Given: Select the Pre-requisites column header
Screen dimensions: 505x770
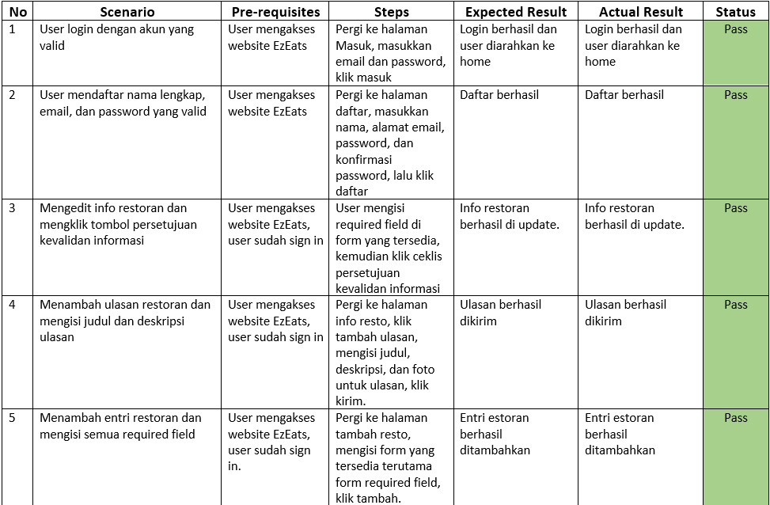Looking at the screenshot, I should pos(275,12).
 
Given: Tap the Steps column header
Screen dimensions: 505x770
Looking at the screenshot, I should pos(391,12).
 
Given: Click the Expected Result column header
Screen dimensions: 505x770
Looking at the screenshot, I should pos(516,12).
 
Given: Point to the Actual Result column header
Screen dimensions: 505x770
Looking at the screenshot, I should pos(641,12).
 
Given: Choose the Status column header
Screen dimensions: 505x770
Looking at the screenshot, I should pos(735,12).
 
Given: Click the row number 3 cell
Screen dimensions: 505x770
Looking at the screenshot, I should pos(12,208).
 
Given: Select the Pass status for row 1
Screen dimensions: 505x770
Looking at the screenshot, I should pos(735,29).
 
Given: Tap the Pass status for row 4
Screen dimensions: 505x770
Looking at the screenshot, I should pos(735,305).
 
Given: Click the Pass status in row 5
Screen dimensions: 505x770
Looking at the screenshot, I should pos(735,418).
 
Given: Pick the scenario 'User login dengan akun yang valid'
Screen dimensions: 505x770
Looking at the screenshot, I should pos(116,37).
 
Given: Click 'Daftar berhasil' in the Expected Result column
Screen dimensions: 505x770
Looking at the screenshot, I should pos(499,95).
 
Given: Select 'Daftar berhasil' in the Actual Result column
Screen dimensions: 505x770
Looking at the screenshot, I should pos(624,95).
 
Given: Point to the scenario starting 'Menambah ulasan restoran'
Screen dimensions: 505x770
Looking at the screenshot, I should pos(125,321).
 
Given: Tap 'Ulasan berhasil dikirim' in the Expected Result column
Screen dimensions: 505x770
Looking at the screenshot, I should pos(500,313).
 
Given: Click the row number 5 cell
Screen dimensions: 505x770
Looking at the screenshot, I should pos(12,418).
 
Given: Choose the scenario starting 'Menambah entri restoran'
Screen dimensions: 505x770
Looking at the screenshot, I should pos(120,426).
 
